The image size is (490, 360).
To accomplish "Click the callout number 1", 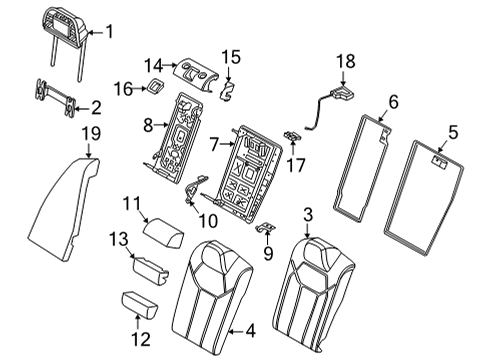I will pyautogui.click(x=111, y=33).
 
